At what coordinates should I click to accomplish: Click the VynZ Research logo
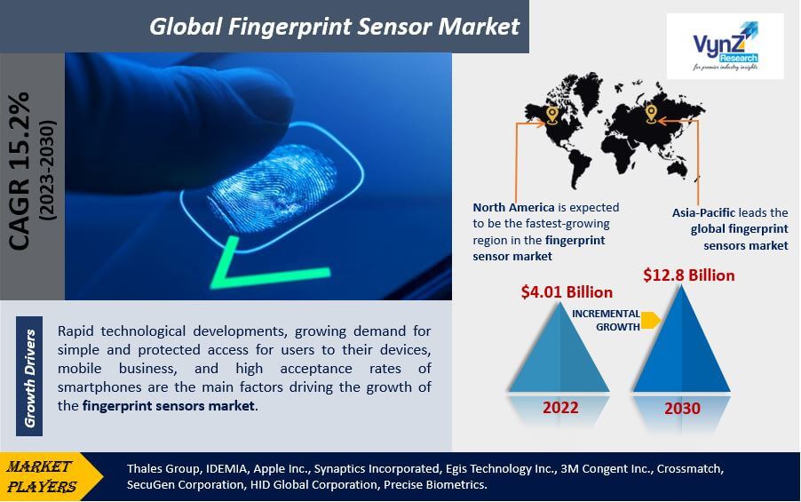tap(725, 46)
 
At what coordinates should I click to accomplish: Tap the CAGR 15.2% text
tap(20, 171)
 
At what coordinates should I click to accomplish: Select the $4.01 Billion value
tap(567, 292)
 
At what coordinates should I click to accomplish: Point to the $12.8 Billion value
tap(688, 275)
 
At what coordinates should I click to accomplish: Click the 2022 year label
tap(560, 408)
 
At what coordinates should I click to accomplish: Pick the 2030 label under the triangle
tap(682, 409)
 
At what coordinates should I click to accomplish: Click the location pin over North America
tap(551, 115)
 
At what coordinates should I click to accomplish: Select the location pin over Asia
tap(650, 114)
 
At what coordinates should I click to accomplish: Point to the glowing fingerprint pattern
tap(273, 187)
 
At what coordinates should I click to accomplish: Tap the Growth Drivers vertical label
tap(29, 378)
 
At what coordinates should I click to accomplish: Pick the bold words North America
tap(513, 208)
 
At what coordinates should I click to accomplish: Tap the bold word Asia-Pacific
tap(703, 212)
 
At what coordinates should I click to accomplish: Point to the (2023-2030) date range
tap(47, 171)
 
